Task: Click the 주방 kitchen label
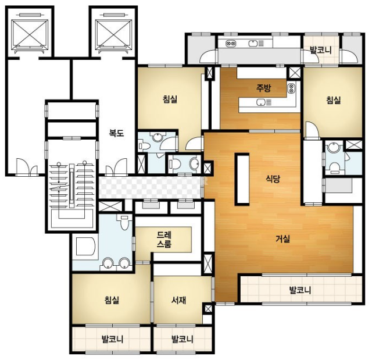[263, 88]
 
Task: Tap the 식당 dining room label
[273, 178]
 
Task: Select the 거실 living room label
[282, 238]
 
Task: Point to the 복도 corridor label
[116, 133]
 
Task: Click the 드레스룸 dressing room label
[164, 240]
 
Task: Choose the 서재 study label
[178, 301]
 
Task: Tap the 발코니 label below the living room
[300, 290]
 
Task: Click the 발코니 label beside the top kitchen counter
[321, 50]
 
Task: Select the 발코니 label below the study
[182, 339]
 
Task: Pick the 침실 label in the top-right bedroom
[334, 100]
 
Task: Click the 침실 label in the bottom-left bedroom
[112, 300]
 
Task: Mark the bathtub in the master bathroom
[85, 246]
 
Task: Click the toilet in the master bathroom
[124, 222]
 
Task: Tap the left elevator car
[30, 33]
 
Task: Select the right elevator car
[113, 33]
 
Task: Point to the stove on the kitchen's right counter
[291, 88]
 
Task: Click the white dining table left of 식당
[242, 179]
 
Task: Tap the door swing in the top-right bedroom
[312, 130]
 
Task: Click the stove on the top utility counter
[231, 44]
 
